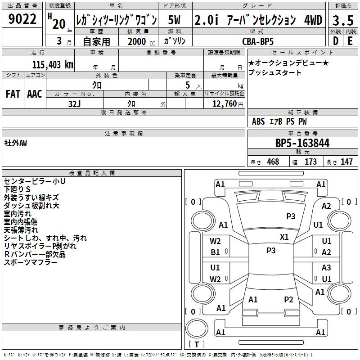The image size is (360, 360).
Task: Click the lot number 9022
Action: (22, 19)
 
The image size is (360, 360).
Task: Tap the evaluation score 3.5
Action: (343, 20)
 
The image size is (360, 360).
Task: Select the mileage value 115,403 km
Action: (53, 65)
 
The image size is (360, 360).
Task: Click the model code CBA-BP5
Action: (258, 41)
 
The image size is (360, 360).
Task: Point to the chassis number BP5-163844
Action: (302, 143)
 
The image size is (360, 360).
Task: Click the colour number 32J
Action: (75, 104)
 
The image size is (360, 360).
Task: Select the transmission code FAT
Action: (13, 94)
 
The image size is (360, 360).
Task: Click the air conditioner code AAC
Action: (35, 94)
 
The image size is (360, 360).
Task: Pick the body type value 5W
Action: (174, 20)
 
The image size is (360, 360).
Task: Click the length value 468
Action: (273, 162)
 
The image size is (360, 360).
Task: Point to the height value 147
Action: (346, 162)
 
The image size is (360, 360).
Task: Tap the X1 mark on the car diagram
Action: (284, 237)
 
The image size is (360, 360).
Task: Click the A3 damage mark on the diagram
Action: (326, 267)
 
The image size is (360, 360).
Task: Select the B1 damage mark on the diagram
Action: (215, 252)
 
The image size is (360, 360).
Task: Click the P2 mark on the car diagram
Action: (288, 299)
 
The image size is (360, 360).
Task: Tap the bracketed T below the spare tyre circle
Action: (197, 344)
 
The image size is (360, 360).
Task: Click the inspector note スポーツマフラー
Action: (31, 262)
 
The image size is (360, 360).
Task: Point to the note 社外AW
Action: (15, 143)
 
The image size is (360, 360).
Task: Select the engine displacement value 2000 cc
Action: (141, 41)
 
